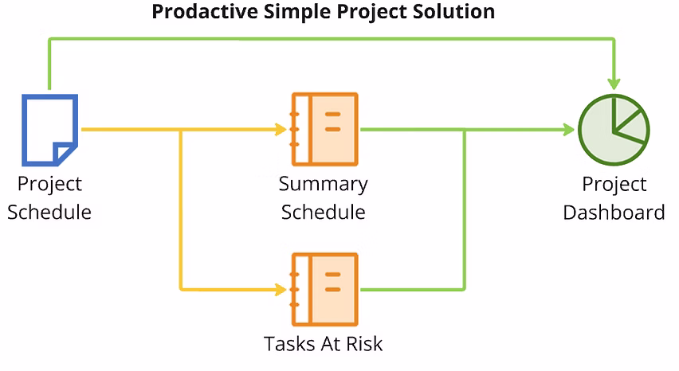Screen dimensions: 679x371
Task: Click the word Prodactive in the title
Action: pyautogui.click(x=204, y=12)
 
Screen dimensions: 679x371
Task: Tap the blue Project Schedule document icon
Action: pyautogui.click(x=49, y=130)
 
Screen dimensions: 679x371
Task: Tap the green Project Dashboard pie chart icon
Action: pyautogui.click(x=614, y=130)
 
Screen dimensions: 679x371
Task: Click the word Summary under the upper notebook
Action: pyautogui.click(x=323, y=184)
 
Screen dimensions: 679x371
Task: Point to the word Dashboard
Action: pyautogui.click(x=614, y=213)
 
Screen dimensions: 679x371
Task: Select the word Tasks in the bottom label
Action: pyautogui.click(x=288, y=344)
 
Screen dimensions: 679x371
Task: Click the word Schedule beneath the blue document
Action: pyautogui.click(x=49, y=213)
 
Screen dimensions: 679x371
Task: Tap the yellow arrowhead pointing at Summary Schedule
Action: pyautogui.click(x=281, y=129)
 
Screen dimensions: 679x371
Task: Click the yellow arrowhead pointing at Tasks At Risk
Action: pyautogui.click(x=281, y=289)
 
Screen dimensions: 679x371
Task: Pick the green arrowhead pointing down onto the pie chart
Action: pyautogui.click(x=614, y=84)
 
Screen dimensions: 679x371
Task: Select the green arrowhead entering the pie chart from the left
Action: pyautogui.click(x=568, y=129)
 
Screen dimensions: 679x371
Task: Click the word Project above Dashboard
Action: pyautogui.click(x=614, y=185)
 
